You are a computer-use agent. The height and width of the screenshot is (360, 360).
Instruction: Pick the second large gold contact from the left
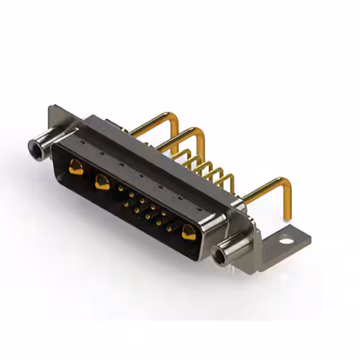click(x=102, y=181)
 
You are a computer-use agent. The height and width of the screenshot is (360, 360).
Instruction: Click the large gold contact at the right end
click(x=188, y=231)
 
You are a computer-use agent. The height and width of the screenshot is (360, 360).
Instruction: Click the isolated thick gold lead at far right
click(x=267, y=188)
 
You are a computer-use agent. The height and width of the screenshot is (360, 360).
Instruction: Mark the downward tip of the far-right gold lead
click(x=287, y=217)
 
